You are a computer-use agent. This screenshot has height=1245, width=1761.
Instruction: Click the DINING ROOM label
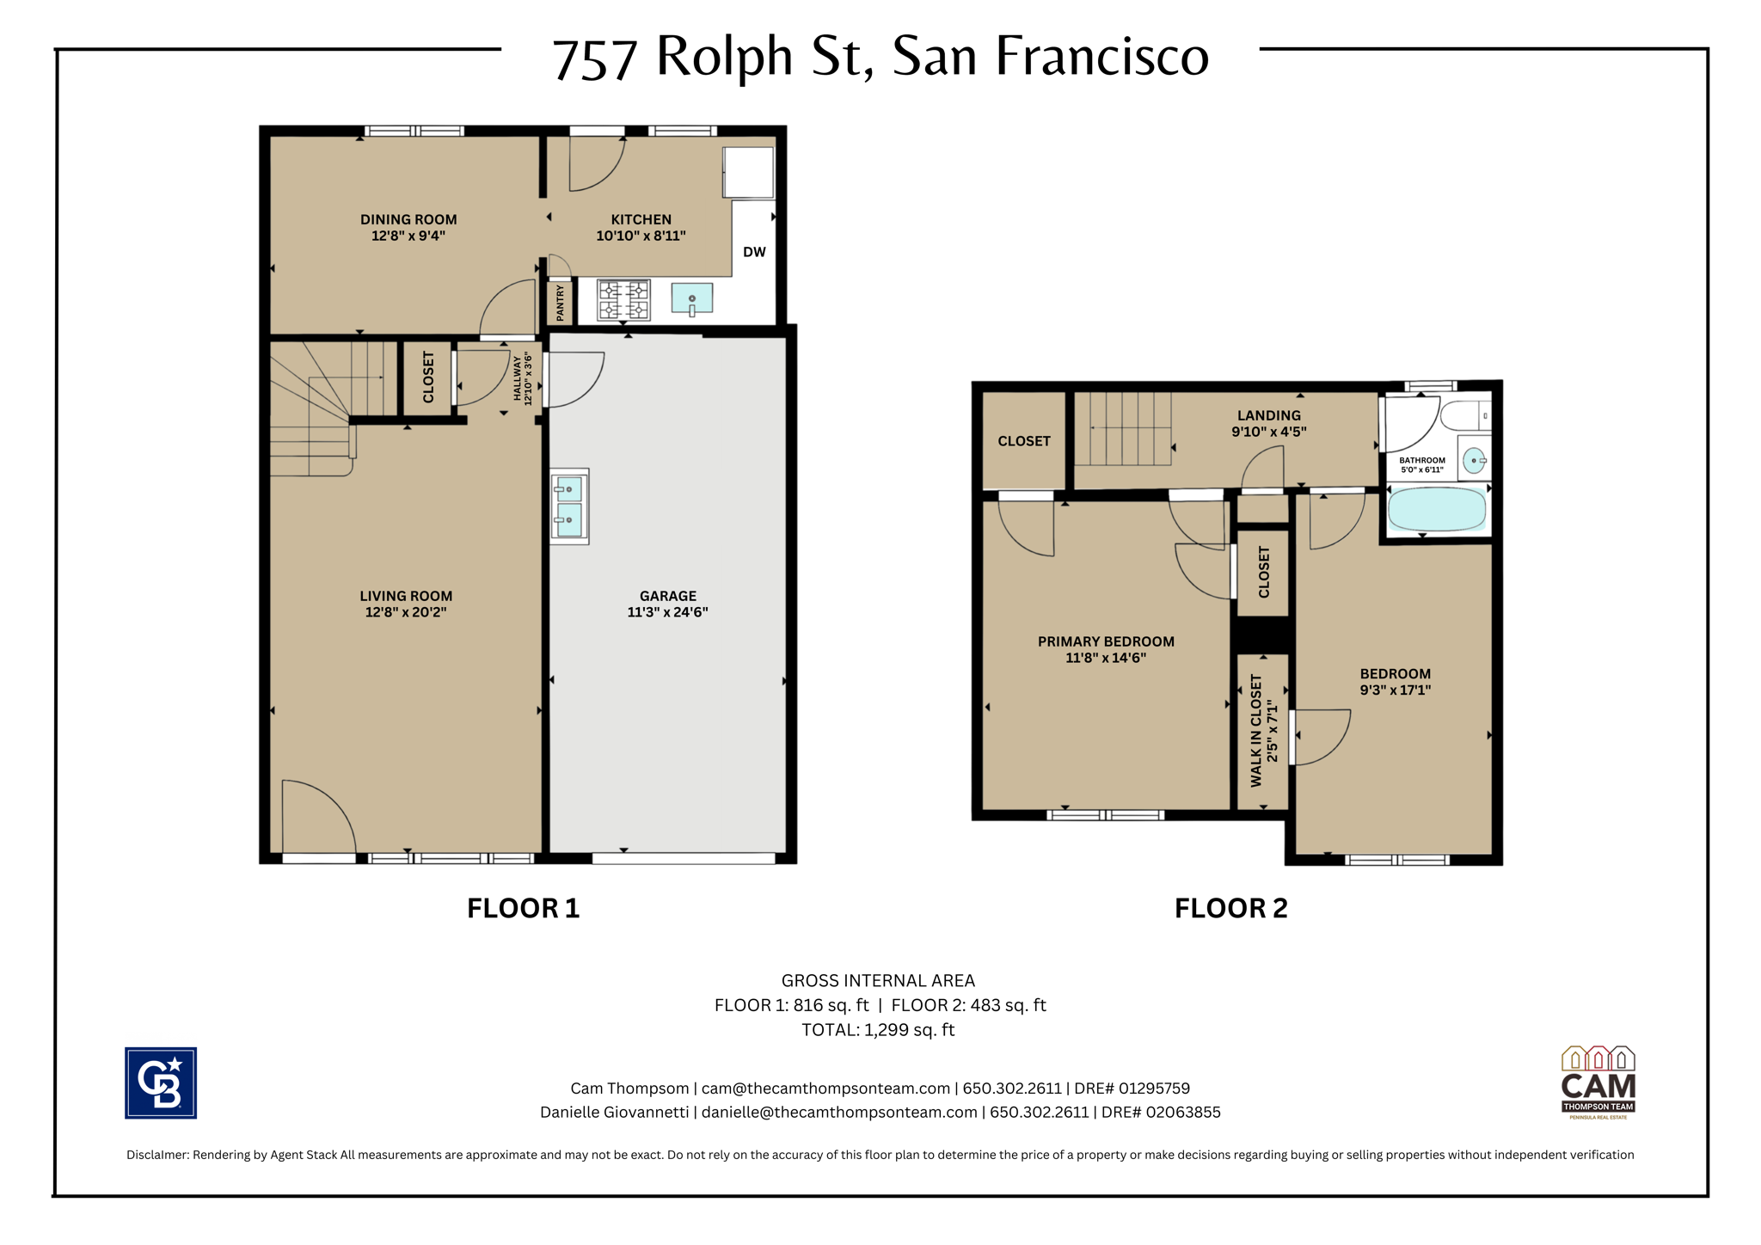(x=408, y=219)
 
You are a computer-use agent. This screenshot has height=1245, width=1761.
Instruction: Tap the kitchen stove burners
(x=624, y=301)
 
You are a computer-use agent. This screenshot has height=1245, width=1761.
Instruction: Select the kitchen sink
(x=691, y=298)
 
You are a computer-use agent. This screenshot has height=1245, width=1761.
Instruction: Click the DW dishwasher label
(x=754, y=252)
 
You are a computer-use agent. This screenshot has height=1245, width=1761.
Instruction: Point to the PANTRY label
(x=560, y=304)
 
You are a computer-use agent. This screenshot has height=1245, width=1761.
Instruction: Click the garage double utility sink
(x=569, y=506)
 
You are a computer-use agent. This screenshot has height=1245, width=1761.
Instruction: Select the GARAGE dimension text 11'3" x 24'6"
(x=667, y=612)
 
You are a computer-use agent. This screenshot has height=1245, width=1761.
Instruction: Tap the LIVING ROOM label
(x=406, y=596)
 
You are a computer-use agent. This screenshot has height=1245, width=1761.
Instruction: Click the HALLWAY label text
(x=518, y=379)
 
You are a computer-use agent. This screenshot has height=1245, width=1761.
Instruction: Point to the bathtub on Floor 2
(x=1437, y=510)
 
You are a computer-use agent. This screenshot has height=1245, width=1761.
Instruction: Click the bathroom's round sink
(x=1474, y=460)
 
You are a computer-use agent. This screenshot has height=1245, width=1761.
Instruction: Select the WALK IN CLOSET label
(x=1256, y=731)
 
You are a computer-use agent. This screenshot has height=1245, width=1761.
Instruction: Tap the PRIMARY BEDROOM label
(x=1106, y=641)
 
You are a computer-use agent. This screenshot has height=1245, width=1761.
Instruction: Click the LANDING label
(x=1269, y=415)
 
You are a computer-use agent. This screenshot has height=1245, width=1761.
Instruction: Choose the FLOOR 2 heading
(x=1231, y=908)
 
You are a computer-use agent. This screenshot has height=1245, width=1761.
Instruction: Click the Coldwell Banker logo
(x=161, y=1082)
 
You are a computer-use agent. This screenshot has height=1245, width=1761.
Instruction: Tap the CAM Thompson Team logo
(x=1598, y=1082)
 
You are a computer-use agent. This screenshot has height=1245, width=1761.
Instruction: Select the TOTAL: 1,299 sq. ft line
(x=878, y=1030)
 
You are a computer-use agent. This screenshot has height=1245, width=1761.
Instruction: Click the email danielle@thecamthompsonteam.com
(x=839, y=1113)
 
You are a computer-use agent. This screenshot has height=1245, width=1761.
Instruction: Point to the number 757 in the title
(x=595, y=59)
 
